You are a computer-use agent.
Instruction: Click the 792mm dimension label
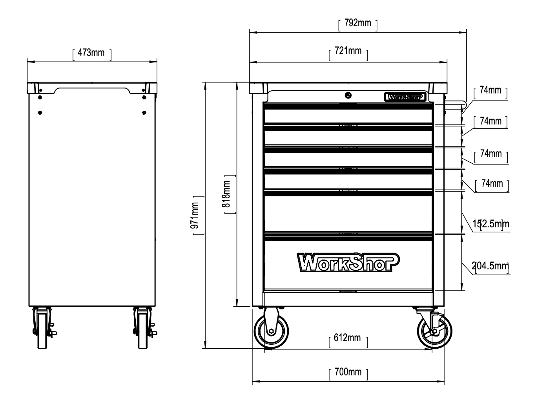[357, 23]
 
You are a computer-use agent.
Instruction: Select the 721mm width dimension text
[348, 51]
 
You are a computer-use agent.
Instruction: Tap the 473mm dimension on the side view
[92, 52]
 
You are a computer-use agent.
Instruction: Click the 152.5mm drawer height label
[490, 224]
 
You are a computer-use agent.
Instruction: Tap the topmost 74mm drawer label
[490, 90]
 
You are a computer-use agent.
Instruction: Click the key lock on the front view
[348, 95]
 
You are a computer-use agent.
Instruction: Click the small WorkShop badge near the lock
[405, 97]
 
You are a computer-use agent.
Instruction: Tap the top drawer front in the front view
[348, 116]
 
